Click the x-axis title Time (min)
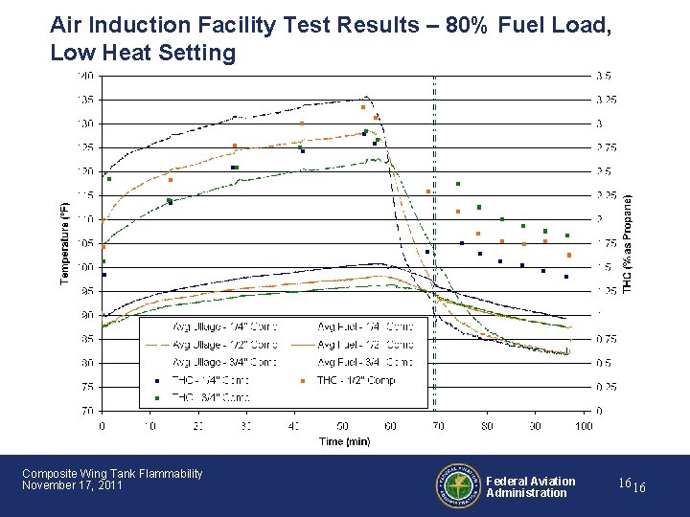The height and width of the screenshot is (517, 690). [x=343, y=441]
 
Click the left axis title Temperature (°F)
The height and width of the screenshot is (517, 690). [x=65, y=242]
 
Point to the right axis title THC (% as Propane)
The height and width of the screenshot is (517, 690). [x=628, y=242]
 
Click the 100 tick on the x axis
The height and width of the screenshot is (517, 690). [x=583, y=425]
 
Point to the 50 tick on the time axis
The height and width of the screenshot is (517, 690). [x=342, y=425]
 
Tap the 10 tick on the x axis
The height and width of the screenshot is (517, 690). [x=150, y=425]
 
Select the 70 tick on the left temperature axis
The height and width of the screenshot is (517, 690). [x=87, y=411]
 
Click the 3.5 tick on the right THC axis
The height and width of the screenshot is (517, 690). [x=605, y=75]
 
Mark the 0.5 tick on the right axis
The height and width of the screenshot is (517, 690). [x=605, y=363]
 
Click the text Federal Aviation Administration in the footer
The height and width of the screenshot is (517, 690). [x=531, y=487]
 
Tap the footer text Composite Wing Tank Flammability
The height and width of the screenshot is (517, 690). [x=112, y=473]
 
